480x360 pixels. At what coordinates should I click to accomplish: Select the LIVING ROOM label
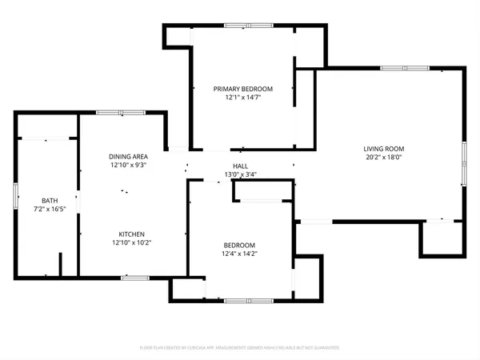[x=384, y=149]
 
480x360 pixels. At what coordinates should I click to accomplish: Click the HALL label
[x=241, y=166]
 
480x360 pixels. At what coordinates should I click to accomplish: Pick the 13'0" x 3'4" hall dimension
[x=241, y=175]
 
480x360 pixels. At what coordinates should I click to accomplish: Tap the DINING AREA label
[x=128, y=156]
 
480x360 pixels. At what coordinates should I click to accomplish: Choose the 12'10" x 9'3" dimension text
[x=128, y=166]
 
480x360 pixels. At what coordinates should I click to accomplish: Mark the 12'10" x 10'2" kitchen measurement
[x=127, y=242]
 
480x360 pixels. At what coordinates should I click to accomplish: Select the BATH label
[x=50, y=200]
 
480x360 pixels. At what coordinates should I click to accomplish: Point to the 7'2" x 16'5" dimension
[x=50, y=210]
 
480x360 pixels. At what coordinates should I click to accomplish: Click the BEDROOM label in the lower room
[x=239, y=245]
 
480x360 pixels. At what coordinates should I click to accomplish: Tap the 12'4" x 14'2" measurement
[x=239, y=254]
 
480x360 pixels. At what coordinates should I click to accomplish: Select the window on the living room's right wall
[x=464, y=163]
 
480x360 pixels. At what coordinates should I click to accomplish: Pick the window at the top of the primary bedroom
[x=236, y=26]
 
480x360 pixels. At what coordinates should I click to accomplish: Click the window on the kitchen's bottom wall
[x=134, y=278]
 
